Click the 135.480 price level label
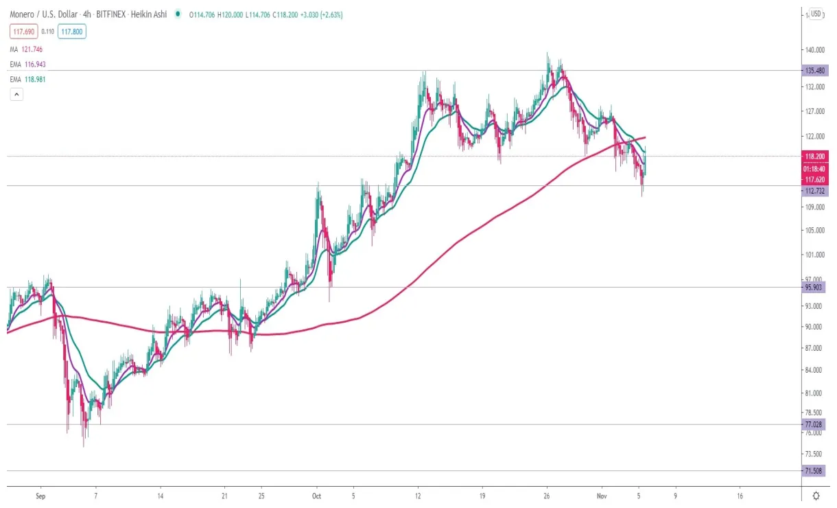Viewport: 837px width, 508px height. [x=814, y=70]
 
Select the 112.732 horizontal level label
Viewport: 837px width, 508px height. [x=814, y=191]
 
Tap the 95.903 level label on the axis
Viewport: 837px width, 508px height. [x=814, y=288]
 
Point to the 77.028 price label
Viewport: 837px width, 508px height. [x=814, y=424]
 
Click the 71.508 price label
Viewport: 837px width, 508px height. [x=814, y=471]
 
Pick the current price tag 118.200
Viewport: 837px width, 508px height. [x=814, y=157]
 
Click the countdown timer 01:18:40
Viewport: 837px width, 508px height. [x=814, y=168]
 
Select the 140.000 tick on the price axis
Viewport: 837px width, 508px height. [x=814, y=50]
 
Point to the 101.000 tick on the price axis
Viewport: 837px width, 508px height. [x=814, y=255]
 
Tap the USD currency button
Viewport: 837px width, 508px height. [x=816, y=14]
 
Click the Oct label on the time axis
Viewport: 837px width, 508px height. [x=316, y=495]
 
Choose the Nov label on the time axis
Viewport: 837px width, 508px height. [x=602, y=495]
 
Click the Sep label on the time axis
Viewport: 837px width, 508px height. [x=40, y=495]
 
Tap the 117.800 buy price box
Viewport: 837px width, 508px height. [x=72, y=31]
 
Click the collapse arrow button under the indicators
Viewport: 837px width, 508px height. [x=16, y=95]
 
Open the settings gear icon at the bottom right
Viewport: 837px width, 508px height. [x=816, y=495]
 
